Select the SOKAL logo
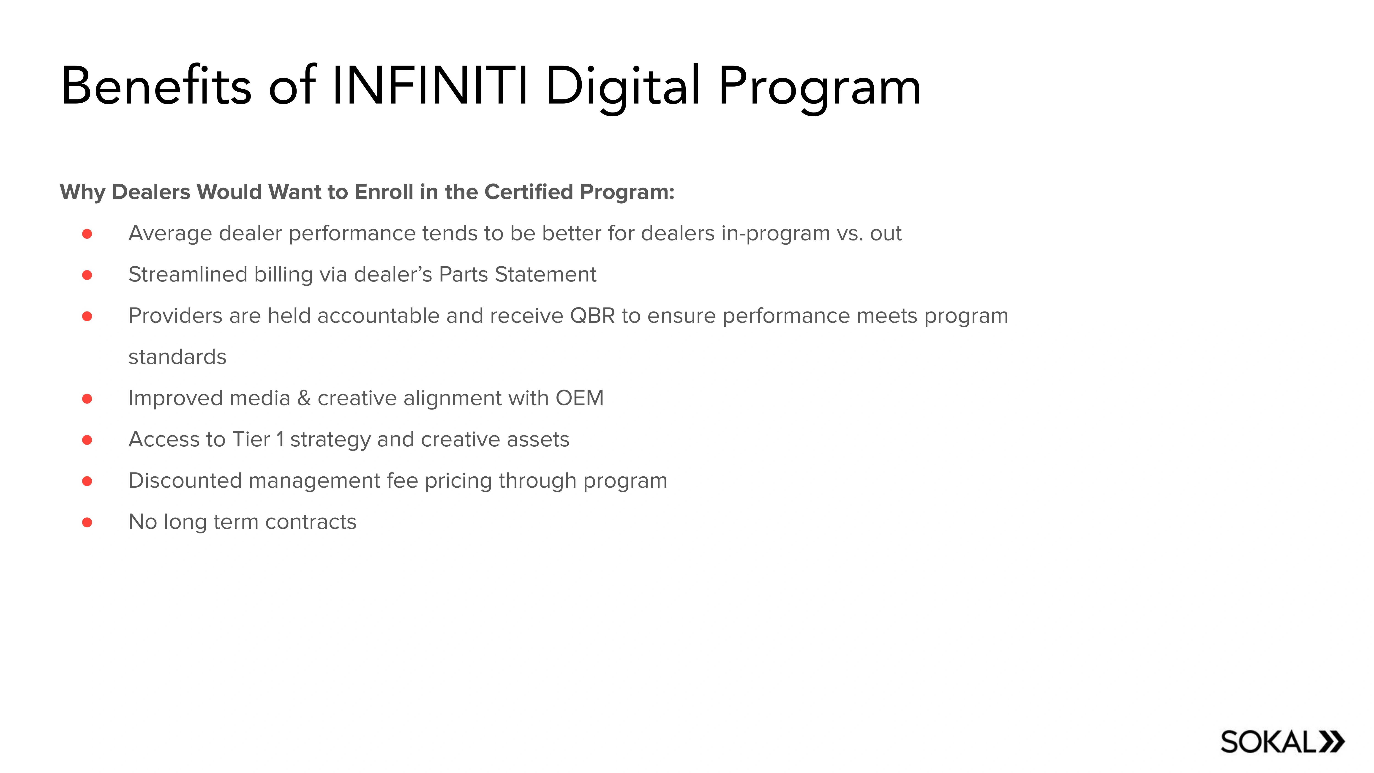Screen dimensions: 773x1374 (x=1282, y=742)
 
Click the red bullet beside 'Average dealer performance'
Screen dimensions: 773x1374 (x=87, y=234)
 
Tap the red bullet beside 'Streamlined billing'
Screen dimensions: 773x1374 (x=87, y=275)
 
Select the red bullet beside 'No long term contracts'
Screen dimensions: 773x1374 (x=87, y=522)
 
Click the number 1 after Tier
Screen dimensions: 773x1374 (x=280, y=440)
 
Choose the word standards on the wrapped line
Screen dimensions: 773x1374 (x=177, y=357)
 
